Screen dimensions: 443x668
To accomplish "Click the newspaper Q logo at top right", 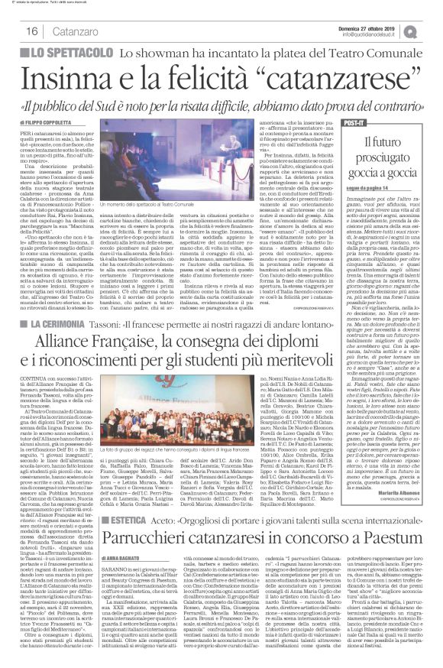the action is (x=431, y=29).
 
